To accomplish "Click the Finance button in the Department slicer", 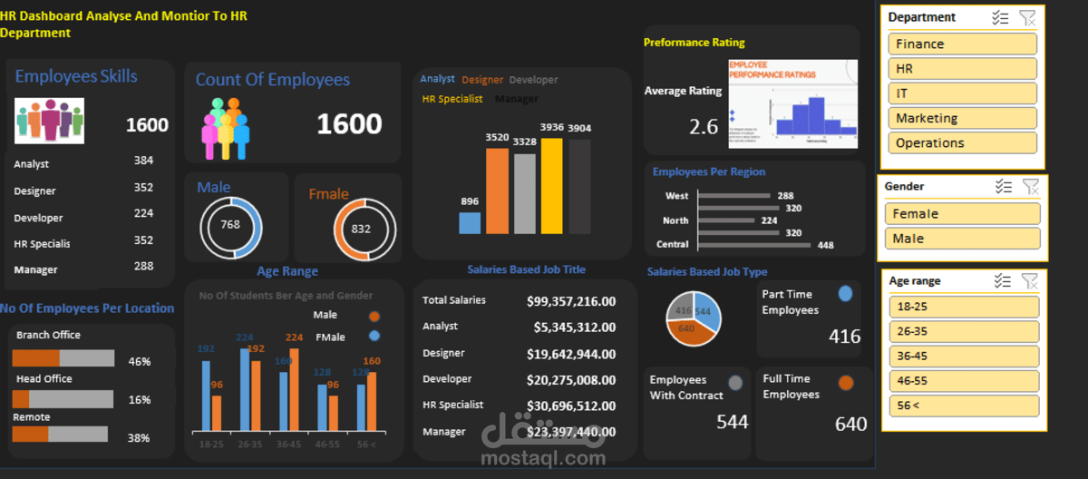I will click(x=962, y=44).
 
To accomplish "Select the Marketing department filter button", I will click(x=962, y=118).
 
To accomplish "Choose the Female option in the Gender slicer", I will click(x=962, y=214).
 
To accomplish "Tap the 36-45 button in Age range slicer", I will click(x=962, y=356).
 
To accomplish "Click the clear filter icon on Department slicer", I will click(x=1027, y=17).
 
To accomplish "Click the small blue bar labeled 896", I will click(x=470, y=223).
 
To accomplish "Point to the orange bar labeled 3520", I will click(x=497, y=191).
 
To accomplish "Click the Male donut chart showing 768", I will click(x=230, y=225).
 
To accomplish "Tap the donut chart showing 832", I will click(x=361, y=229).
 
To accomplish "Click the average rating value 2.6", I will click(x=704, y=126).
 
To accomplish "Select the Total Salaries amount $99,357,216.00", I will click(x=571, y=301).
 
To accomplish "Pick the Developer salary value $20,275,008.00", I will click(x=571, y=379).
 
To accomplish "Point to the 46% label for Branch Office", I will click(x=140, y=361).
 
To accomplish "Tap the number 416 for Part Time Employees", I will click(x=844, y=337).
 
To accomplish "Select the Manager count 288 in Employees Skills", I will click(x=143, y=267).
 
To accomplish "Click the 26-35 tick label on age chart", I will click(x=249, y=444).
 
